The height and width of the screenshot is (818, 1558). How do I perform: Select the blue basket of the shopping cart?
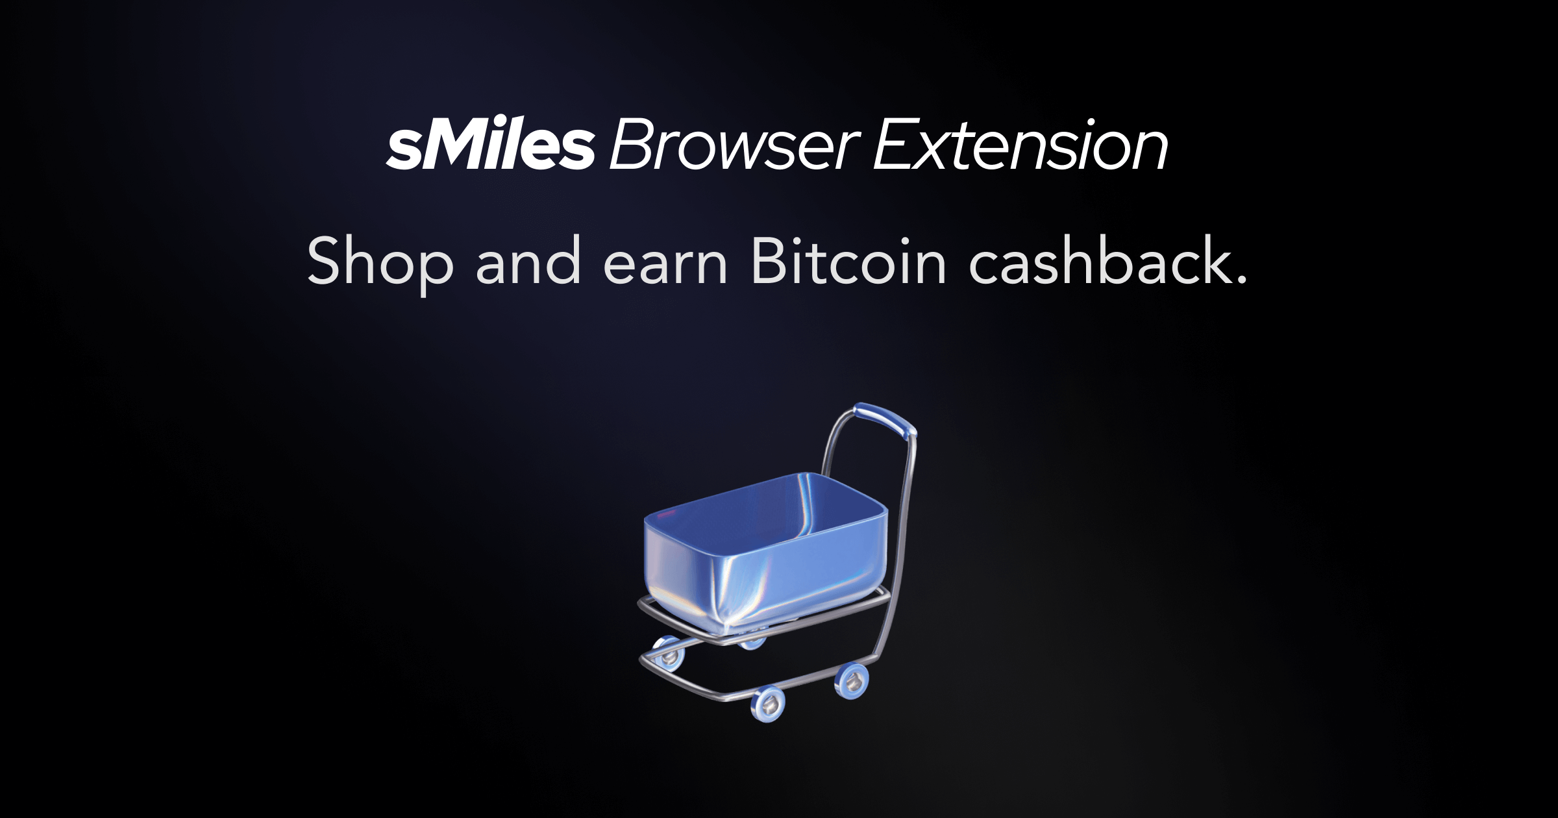coord(766,552)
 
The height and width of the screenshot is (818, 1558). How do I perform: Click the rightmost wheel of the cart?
coord(852,680)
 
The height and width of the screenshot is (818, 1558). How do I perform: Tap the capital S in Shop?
coord(324,261)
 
